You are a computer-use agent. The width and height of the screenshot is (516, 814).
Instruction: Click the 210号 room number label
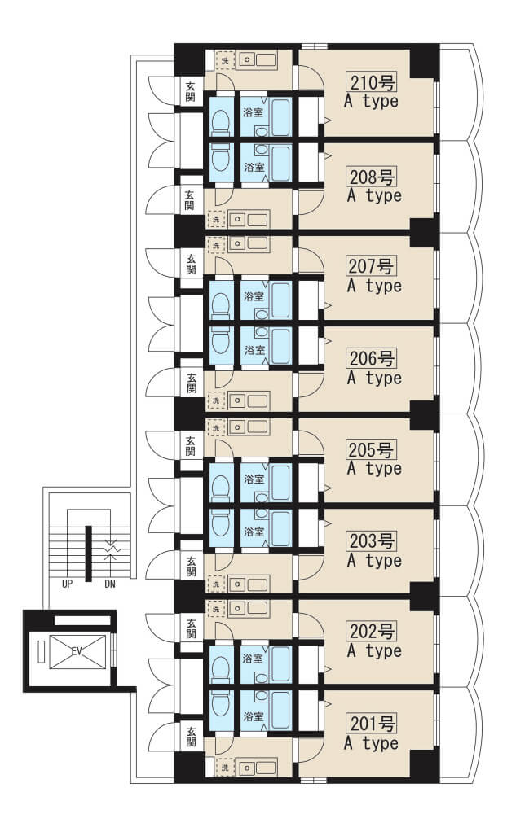click(372, 82)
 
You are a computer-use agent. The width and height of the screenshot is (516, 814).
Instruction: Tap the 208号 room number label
click(372, 177)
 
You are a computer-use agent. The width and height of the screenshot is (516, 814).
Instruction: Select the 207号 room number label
click(372, 266)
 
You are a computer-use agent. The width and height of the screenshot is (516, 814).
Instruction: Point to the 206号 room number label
click(372, 358)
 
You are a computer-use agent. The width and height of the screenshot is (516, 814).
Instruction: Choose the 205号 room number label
click(372, 449)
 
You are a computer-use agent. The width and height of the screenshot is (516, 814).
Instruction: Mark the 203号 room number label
click(372, 541)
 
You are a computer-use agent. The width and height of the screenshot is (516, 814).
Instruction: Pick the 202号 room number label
click(372, 632)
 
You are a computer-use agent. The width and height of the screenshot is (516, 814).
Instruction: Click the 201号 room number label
click(372, 723)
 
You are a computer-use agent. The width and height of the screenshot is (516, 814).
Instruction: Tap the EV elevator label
click(77, 651)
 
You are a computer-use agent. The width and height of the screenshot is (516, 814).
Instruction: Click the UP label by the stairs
click(67, 584)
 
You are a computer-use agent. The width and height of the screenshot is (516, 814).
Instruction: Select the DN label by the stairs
click(110, 584)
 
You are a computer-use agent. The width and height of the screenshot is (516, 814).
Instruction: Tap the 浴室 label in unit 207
click(254, 296)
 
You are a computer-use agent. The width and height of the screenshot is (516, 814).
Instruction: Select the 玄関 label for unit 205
click(192, 446)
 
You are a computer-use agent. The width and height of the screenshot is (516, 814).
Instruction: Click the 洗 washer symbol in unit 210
click(225, 61)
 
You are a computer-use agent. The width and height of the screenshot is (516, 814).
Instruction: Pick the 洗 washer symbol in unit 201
click(225, 766)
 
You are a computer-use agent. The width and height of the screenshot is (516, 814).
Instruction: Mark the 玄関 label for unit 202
click(192, 628)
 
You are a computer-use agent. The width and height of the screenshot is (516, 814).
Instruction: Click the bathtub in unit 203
click(280, 528)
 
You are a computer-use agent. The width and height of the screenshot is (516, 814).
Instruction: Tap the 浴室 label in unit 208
click(254, 167)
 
